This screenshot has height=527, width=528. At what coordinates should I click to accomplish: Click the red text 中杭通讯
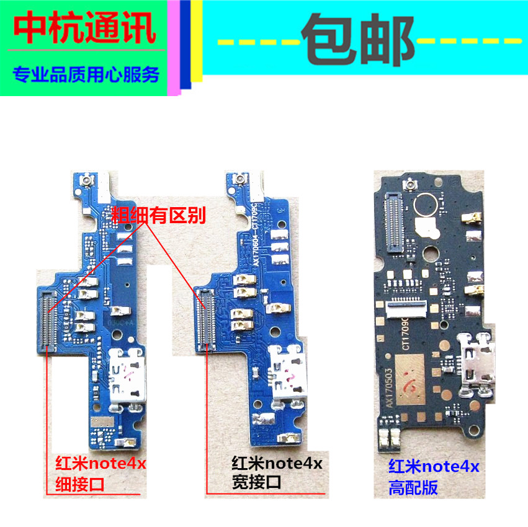(x=85, y=28)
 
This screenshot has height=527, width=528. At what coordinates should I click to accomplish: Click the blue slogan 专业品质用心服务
(x=86, y=76)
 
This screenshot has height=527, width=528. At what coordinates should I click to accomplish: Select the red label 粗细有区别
(x=158, y=215)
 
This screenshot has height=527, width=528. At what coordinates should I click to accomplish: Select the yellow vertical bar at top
(x=196, y=41)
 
